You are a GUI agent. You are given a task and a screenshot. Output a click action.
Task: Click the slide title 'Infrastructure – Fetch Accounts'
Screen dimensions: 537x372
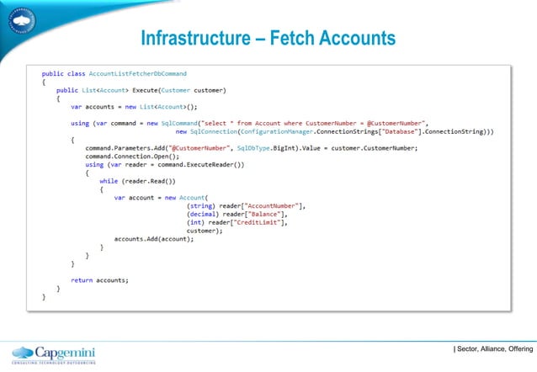[268, 40]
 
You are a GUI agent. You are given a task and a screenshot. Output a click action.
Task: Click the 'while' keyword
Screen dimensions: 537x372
[109, 180]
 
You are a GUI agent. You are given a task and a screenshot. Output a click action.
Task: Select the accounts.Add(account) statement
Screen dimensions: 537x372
[154, 238]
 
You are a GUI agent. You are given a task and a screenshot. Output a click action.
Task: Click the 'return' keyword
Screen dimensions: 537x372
[82, 279]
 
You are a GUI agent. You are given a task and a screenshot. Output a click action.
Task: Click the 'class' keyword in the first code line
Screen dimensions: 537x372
[76, 74]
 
